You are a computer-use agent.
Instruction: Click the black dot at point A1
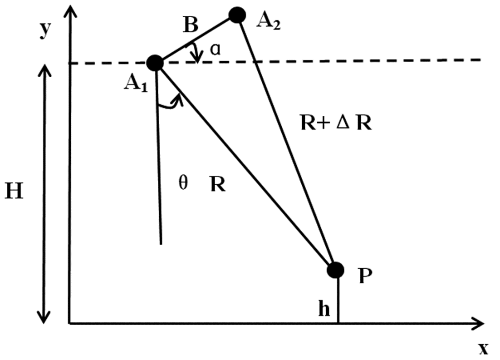click(x=155, y=63)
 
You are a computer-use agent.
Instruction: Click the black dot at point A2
click(x=237, y=15)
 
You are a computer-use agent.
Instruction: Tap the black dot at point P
click(x=335, y=270)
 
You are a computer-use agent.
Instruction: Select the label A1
click(x=136, y=84)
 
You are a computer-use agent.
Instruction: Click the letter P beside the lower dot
click(x=365, y=276)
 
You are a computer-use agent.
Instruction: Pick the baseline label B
click(x=191, y=25)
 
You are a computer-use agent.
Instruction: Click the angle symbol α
click(x=216, y=50)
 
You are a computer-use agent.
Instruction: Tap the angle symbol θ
click(x=183, y=183)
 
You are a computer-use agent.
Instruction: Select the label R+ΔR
click(x=336, y=123)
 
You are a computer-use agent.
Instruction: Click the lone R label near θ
click(x=218, y=184)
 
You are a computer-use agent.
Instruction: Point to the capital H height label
click(x=15, y=192)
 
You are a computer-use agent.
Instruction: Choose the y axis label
click(x=45, y=30)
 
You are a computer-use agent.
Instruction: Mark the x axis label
click(x=483, y=349)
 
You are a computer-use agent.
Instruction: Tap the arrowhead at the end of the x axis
click(x=478, y=324)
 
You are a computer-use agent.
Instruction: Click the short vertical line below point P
click(x=338, y=301)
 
